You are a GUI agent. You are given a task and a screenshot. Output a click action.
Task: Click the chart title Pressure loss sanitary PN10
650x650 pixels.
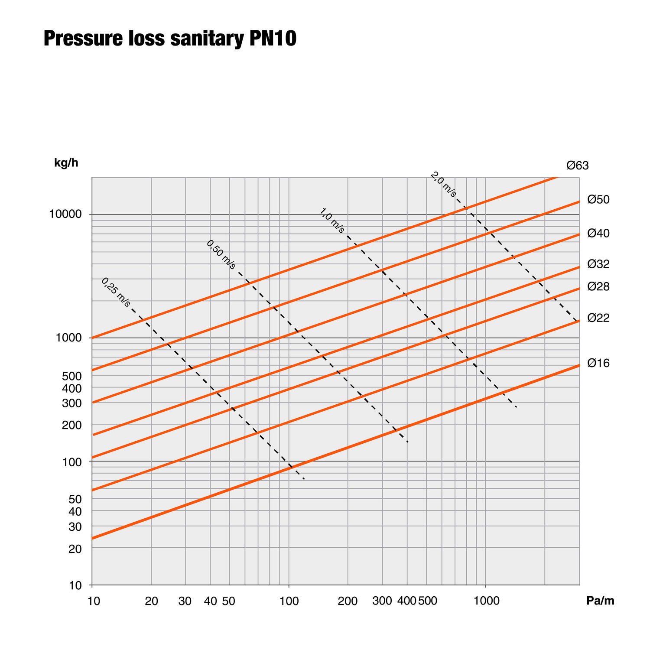click(x=170, y=39)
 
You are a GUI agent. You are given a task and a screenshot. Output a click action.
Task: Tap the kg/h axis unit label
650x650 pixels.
click(x=66, y=163)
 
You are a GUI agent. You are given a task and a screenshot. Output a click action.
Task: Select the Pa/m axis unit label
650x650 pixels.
click(x=600, y=601)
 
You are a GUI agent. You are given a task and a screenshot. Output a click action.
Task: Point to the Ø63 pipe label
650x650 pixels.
click(x=578, y=166)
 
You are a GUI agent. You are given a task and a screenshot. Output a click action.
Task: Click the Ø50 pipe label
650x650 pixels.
click(x=598, y=200)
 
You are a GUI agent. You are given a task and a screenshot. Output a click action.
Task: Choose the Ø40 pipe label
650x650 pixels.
click(x=598, y=234)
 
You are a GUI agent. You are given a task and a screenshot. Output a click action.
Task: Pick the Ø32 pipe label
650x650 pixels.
click(x=598, y=264)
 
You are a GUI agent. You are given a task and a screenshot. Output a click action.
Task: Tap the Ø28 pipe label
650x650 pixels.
click(x=598, y=286)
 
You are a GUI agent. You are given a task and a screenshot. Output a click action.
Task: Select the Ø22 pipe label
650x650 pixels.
click(x=598, y=318)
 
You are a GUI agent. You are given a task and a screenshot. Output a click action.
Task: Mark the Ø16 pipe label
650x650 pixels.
click(x=598, y=363)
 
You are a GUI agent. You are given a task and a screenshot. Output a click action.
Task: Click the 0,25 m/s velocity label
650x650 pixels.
click(x=116, y=292)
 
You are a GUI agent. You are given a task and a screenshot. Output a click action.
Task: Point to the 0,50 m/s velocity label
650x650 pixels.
click(x=221, y=255)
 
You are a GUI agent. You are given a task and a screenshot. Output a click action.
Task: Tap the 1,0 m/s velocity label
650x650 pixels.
click(x=332, y=221)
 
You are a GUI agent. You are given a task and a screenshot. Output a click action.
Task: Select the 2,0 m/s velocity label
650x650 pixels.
click(x=443, y=185)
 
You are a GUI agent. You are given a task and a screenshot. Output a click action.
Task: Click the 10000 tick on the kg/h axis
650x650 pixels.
click(x=65, y=214)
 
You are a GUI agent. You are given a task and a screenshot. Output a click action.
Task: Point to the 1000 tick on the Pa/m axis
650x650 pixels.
click(x=485, y=601)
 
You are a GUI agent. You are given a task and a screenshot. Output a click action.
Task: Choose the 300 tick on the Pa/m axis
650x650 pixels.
click(x=382, y=601)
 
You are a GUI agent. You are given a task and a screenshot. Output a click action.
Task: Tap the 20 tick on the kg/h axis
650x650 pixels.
click(x=75, y=549)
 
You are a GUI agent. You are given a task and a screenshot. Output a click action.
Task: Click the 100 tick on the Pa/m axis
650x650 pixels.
click(x=289, y=601)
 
